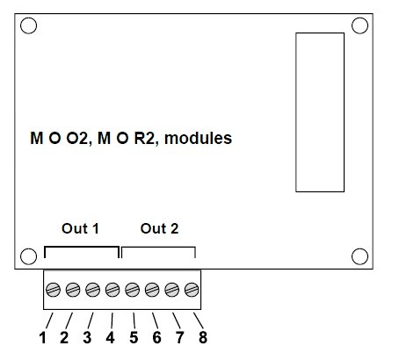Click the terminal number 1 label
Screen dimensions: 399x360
[x=43, y=337]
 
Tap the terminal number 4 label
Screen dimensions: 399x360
[x=110, y=337]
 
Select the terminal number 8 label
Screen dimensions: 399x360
[x=203, y=337]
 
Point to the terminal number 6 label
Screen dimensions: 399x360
[x=156, y=337]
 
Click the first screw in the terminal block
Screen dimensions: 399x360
[x=54, y=290]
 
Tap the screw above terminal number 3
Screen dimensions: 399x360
[x=93, y=290]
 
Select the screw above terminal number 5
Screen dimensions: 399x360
[x=133, y=290]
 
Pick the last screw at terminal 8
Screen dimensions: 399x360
[x=192, y=290]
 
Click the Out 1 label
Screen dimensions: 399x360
[x=80, y=228]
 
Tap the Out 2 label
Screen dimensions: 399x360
[x=159, y=228]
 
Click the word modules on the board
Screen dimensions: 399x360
[x=199, y=138]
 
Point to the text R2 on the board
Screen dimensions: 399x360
[x=144, y=138]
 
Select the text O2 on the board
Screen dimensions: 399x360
[x=77, y=138]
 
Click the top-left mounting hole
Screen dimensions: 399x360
[x=28, y=25]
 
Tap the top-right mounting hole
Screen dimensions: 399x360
[x=359, y=25]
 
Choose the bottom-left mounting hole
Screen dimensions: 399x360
[x=28, y=256]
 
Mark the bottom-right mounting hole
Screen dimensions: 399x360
[x=359, y=256]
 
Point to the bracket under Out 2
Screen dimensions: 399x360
[x=158, y=248]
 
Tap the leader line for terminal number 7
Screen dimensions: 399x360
[x=177, y=320]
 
